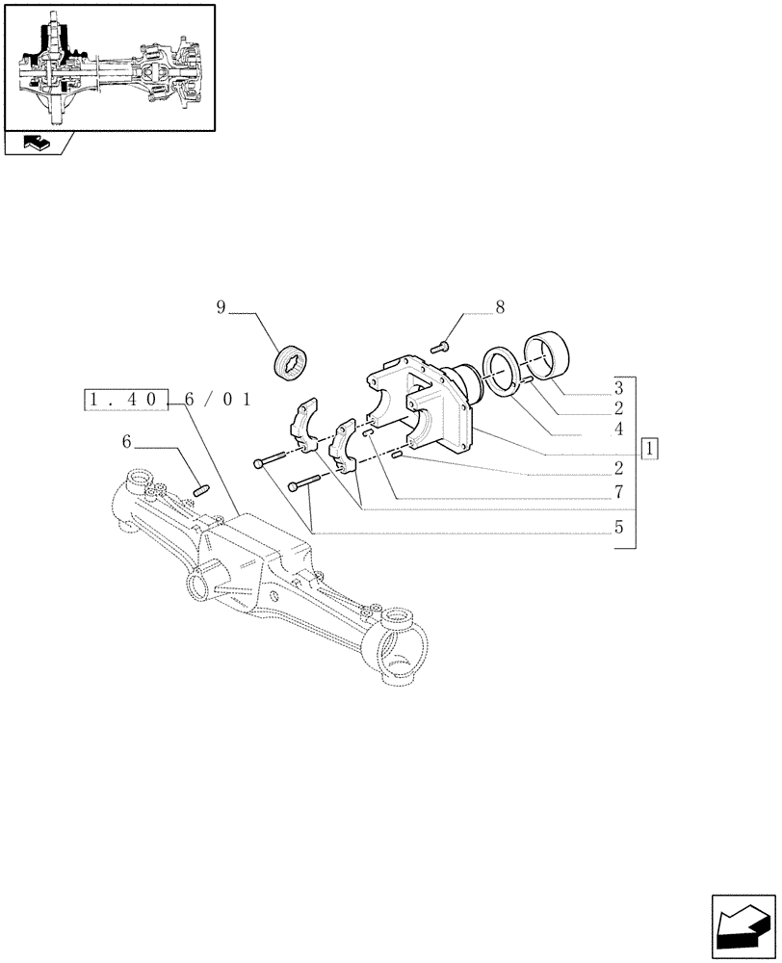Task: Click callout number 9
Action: point(221,308)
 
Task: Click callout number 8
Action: point(500,308)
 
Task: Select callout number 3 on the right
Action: point(618,389)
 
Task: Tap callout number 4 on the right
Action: point(618,429)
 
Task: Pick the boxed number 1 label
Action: point(652,449)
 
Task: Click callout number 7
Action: point(618,491)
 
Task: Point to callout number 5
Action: point(618,527)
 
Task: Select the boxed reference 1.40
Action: point(126,400)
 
